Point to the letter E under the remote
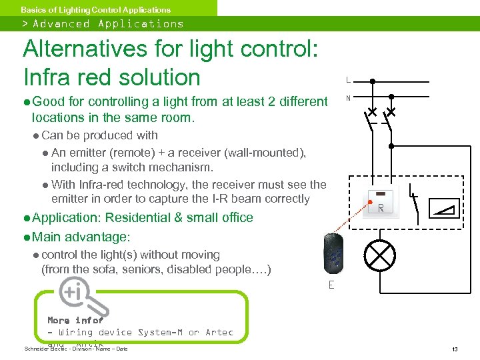[331, 285]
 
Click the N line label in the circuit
[347, 98]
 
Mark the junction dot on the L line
[372, 81]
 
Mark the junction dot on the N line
[391, 97]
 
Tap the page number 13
[454, 349]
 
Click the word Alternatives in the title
[86, 49]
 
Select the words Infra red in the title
[67, 77]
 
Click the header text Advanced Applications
[108, 24]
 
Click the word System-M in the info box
[161, 332]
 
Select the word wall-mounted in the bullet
[269, 153]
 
